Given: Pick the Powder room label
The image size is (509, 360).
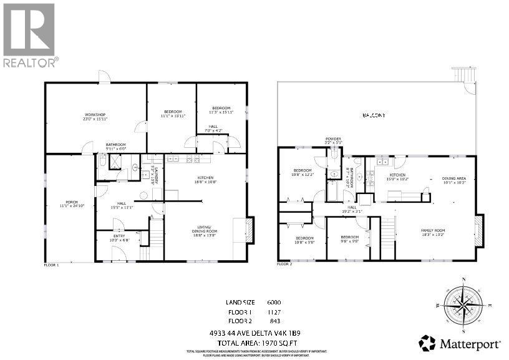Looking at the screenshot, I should pos(334,140).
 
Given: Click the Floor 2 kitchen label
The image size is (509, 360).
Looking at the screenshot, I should pos(398,177).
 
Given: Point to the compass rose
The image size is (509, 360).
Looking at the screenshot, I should pos(462,305).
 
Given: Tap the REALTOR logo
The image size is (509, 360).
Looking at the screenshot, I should pos(30,34).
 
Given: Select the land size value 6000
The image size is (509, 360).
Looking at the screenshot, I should pos(274,302).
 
